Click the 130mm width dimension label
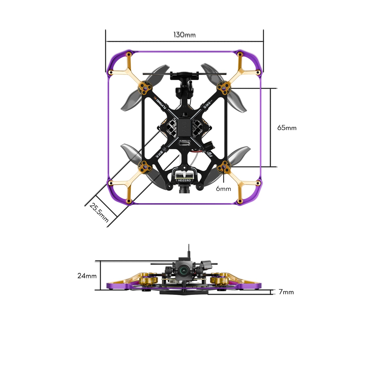pos(184,35)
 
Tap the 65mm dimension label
pos(287,128)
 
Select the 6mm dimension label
pos(223,189)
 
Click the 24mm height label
pos(87,276)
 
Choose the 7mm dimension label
pos(286,292)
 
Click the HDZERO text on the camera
pos(184,180)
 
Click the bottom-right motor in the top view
pos(224,167)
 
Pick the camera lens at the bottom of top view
pos(184,191)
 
